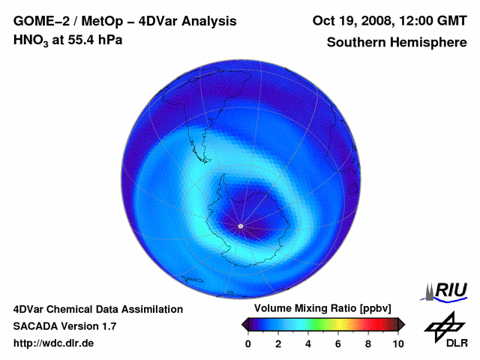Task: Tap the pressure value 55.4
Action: (76, 40)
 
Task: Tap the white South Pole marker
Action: (240, 226)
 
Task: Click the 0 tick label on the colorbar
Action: (248, 343)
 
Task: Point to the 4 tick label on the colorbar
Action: (308, 343)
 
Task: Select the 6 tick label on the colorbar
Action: (338, 343)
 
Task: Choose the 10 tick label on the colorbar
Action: (397, 343)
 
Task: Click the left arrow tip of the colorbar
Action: (244, 324)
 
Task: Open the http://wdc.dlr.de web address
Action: (54, 343)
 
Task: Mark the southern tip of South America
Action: (203, 160)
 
